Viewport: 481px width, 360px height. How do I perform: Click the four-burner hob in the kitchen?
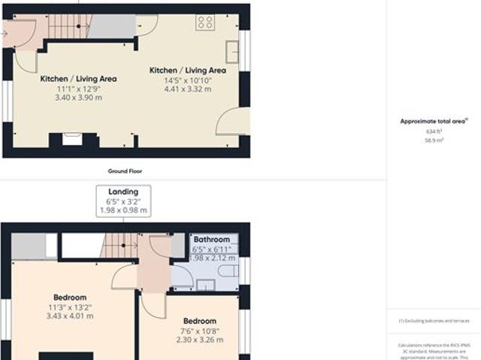pos(205,23)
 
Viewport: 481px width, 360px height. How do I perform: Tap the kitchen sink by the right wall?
pos(233,51)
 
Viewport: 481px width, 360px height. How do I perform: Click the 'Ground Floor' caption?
pos(125,171)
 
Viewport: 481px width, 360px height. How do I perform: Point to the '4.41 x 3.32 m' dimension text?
pos(187,89)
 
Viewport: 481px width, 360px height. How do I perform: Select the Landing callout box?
pos(123,201)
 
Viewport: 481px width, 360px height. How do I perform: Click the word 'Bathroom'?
pos(213,241)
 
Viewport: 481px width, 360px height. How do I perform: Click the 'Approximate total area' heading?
pos(434,120)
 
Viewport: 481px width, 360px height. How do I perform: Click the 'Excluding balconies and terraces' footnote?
pos(434,321)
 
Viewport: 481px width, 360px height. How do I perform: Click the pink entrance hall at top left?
pos(17,33)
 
